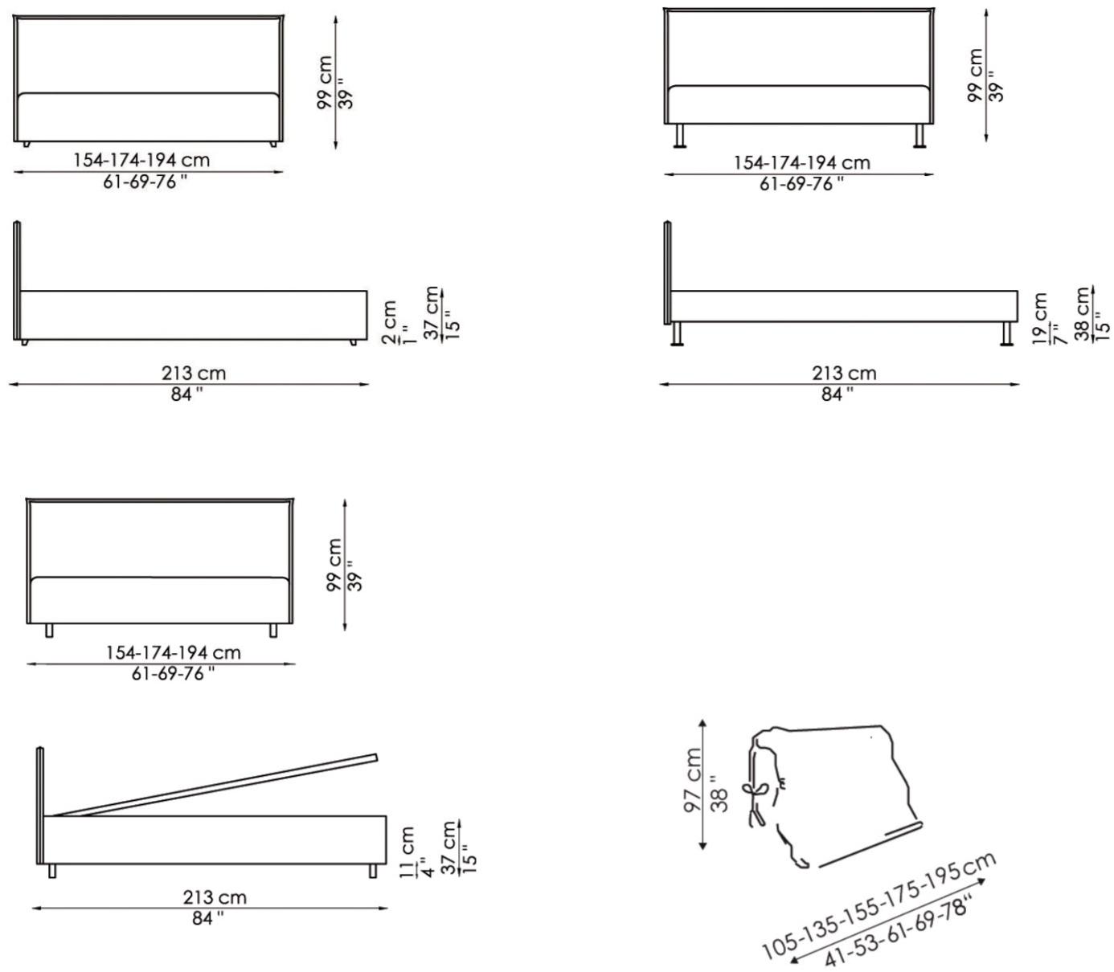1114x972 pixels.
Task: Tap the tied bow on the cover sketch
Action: tap(755, 788)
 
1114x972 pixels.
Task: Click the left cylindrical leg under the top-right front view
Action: tap(679, 136)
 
